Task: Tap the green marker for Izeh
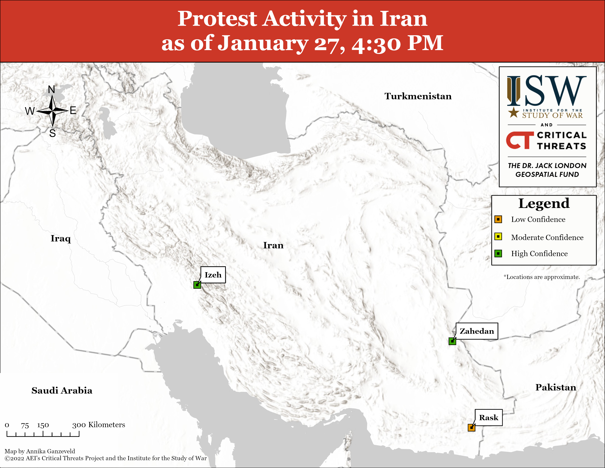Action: [x=197, y=285]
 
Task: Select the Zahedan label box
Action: [x=477, y=331]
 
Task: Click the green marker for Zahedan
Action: [x=452, y=341]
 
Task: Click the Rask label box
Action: [x=489, y=418]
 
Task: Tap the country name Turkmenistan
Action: [x=418, y=96]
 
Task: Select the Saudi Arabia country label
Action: [x=62, y=390]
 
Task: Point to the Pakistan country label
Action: [x=556, y=387]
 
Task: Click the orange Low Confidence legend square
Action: [x=498, y=219]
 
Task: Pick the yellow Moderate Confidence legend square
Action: [x=498, y=237]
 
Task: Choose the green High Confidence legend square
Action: [x=498, y=253]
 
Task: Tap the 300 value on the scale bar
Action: [x=79, y=425]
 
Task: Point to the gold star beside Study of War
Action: [x=514, y=112]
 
